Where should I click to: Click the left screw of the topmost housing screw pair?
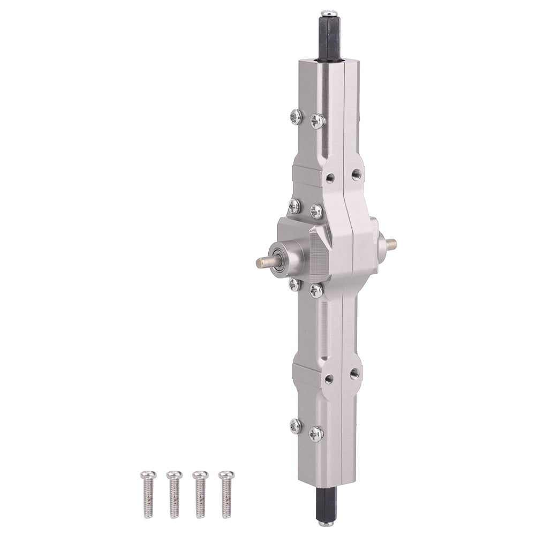click(295, 115)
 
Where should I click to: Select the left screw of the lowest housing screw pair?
click(295, 426)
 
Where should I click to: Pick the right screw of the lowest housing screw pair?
click(316, 432)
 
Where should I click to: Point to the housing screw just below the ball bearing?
click(294, 284)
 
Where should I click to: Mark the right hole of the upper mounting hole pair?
click(355, 173)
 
